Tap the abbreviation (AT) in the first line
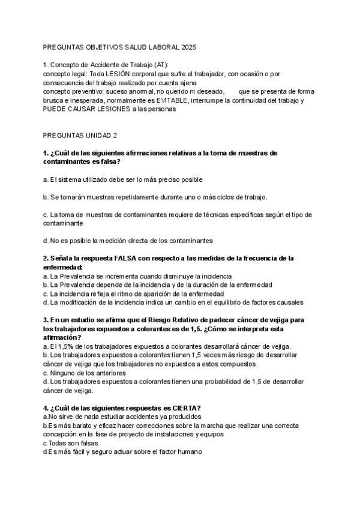coord(161,65)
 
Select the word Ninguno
coord(62,373)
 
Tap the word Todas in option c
coord(58,442)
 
